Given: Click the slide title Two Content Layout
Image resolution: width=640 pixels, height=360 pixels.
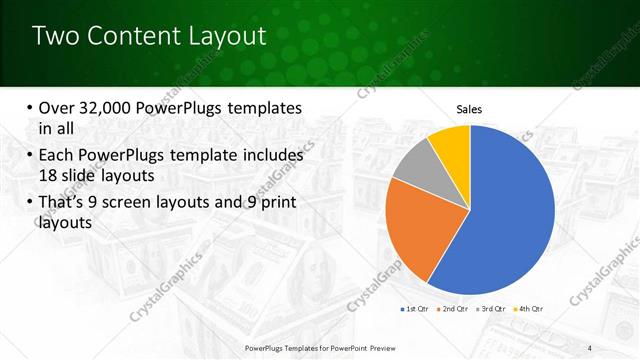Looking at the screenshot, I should [x=149, y=36].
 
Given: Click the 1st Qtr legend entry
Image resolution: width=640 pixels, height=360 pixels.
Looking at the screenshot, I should [x=412, y=309].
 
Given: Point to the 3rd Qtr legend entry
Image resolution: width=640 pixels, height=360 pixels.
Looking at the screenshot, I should [x=491, y=309].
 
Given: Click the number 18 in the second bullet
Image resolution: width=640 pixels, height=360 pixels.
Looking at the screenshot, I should [x=47, y=174].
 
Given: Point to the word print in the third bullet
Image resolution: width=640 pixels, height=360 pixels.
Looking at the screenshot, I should [x=280, y=203].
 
